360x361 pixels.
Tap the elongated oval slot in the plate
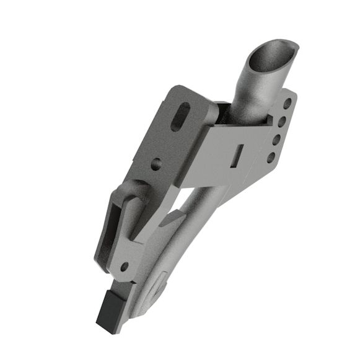point(181,116)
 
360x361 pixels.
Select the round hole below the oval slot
point(156,164)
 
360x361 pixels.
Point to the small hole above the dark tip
point(124,267)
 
